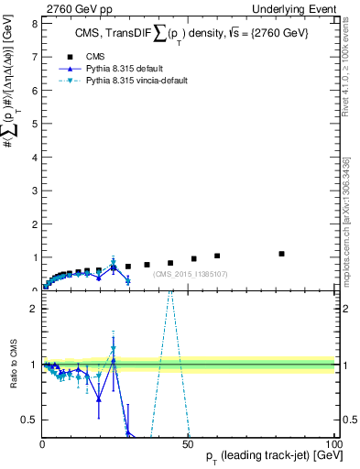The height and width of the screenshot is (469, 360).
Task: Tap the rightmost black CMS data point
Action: pyautogui.click(x=281, y=254)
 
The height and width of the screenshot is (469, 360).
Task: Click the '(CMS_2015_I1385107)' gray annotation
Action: pyautogui.click(x=191, y=274)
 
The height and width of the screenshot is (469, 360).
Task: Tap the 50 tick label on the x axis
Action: pyautogui.click(x=188, y=443)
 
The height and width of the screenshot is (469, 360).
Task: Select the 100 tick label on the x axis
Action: pyautogui.click(x=332, y=443)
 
